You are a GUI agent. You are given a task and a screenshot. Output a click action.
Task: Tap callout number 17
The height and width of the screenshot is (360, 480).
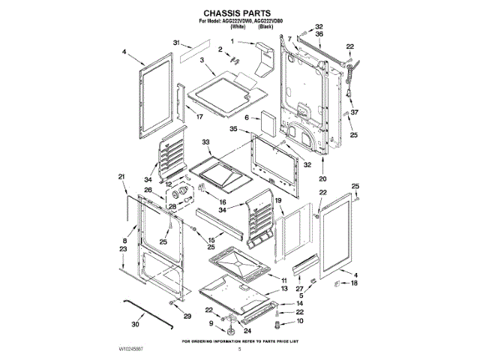coord(200,117)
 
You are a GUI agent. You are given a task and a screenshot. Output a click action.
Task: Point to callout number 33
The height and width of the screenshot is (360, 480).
coord(205,142)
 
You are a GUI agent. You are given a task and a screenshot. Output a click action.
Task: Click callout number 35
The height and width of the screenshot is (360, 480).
coord(234,130)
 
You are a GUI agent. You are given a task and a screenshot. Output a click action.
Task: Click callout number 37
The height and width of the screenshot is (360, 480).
coord(355,112)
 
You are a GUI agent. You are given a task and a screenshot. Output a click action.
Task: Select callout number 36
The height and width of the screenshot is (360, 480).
coord(319,35)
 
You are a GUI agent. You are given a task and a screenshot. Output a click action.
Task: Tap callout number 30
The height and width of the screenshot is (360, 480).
coord(136,325)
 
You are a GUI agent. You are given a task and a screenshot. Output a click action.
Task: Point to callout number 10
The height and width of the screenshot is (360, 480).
coord(301,321)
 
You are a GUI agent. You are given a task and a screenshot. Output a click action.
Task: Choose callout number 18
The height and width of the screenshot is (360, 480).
coord(355,283)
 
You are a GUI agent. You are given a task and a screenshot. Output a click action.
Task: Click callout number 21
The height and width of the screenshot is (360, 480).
coord(121,177)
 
